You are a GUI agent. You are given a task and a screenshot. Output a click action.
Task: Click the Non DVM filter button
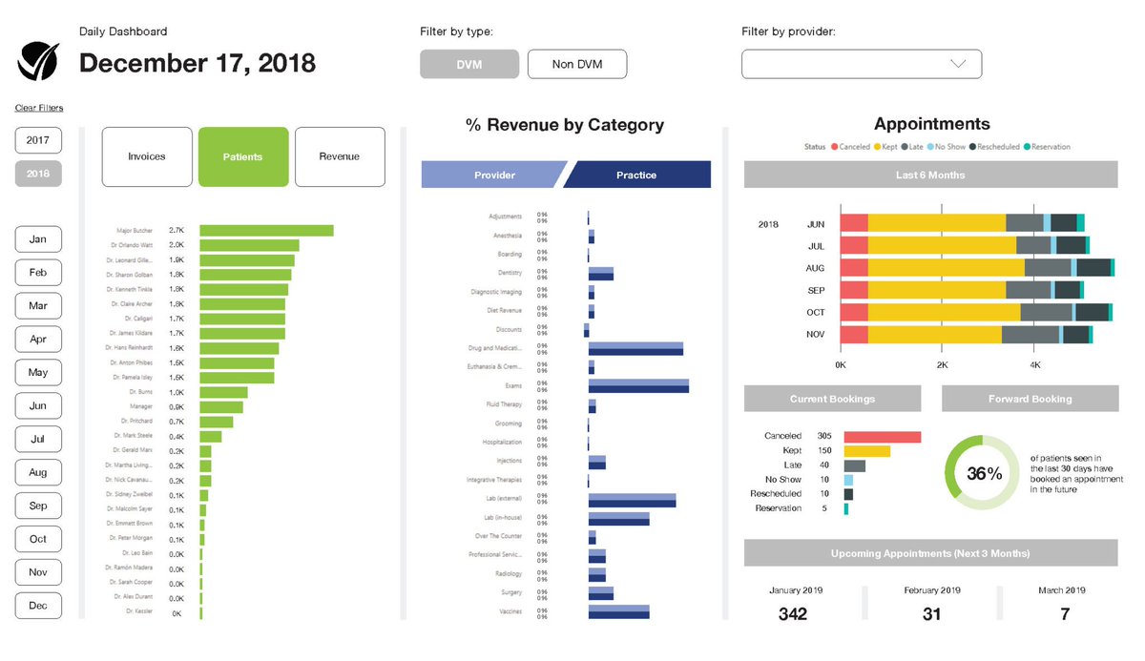pyautogui.click(x=576, y=64)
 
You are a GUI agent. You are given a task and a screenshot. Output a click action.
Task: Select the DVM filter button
pyautogui.click(x=468, y=64)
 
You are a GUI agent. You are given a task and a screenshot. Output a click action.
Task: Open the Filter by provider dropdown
pyautogui.click(x=861, y=64)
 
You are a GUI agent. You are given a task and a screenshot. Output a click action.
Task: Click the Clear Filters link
pyautogui.click(x=39, y=108)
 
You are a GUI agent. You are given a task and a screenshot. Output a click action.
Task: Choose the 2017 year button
pyautogui.click(x=38, y=140)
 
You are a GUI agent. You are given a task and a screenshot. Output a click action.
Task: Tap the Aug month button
pyautogui.click(x=38, y=472)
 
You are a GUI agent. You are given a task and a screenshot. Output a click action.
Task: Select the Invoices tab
pyautogui.click(x=147, y=156)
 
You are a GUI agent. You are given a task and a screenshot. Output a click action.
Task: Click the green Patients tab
pyautogui.click(x=242, y=156)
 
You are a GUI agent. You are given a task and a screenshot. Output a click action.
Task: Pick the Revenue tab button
pyautogui.click(x=340, y=156)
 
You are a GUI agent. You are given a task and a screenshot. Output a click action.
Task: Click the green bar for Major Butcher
pyautogui.click(x=266, y=231)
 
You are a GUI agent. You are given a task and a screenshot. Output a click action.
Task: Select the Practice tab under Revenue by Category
pyautogui.click(x=636, y=175)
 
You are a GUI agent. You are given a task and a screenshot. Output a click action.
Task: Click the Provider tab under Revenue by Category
pyautogui.click(x=494, y=175)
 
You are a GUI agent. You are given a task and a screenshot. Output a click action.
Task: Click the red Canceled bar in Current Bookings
pyautogui.click(x=882, y=436)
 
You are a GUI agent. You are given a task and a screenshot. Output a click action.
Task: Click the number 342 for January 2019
pyautogui.click(x=792, y=614)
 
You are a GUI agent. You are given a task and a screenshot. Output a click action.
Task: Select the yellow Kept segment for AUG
pyautogui.click(x=946, y=268)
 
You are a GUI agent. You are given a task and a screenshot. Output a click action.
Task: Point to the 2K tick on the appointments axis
pyautogui.click(x=941, y=365)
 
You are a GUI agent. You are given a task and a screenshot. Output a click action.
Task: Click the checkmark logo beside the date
pyautogui.click(x=39, y=62)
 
